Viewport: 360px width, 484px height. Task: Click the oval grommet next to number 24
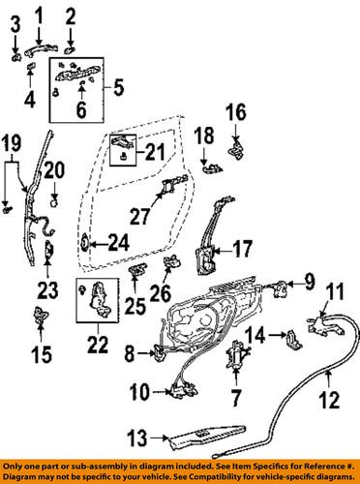[85, 243]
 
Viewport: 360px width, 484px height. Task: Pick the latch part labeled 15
[42, 315]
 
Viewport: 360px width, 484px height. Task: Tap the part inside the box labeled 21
[123, 144]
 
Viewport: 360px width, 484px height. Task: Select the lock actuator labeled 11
[321, 326]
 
